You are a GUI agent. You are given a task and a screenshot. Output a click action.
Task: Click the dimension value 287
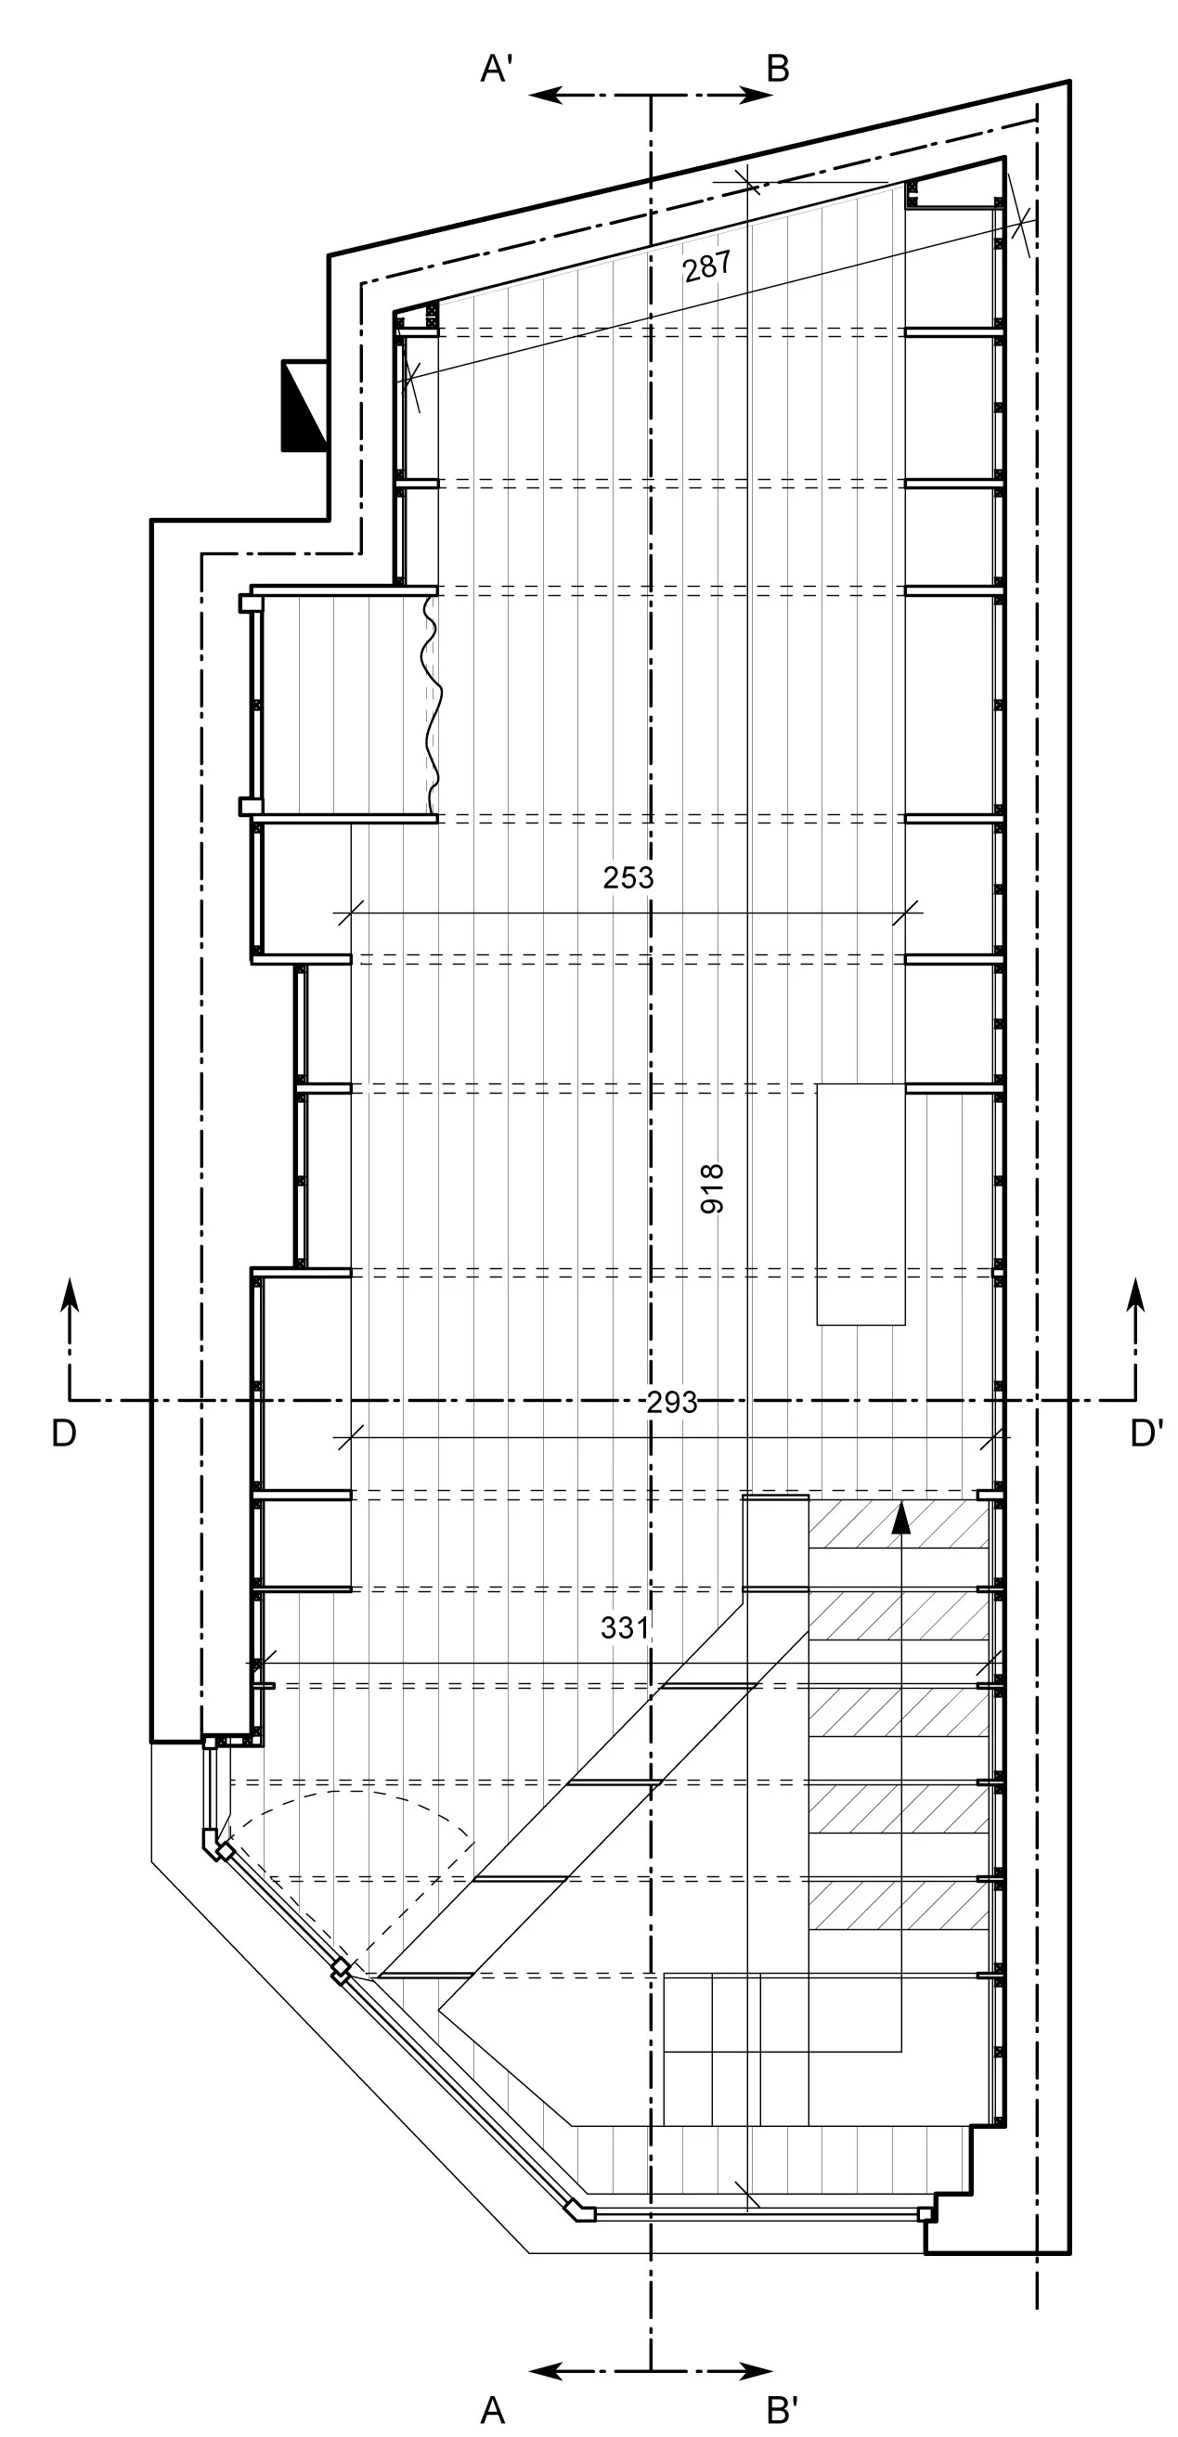706,266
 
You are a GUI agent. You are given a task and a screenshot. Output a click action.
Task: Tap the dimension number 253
628,878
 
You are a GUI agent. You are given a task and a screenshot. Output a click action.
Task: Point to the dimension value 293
672,1402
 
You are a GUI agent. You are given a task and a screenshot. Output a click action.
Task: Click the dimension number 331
626,1627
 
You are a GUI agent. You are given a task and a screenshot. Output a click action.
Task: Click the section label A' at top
497,69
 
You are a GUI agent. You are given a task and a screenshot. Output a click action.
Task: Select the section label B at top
778,69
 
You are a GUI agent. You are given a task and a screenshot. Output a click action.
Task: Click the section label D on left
63,1433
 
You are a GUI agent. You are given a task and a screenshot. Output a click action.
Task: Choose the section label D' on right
1146,1433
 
